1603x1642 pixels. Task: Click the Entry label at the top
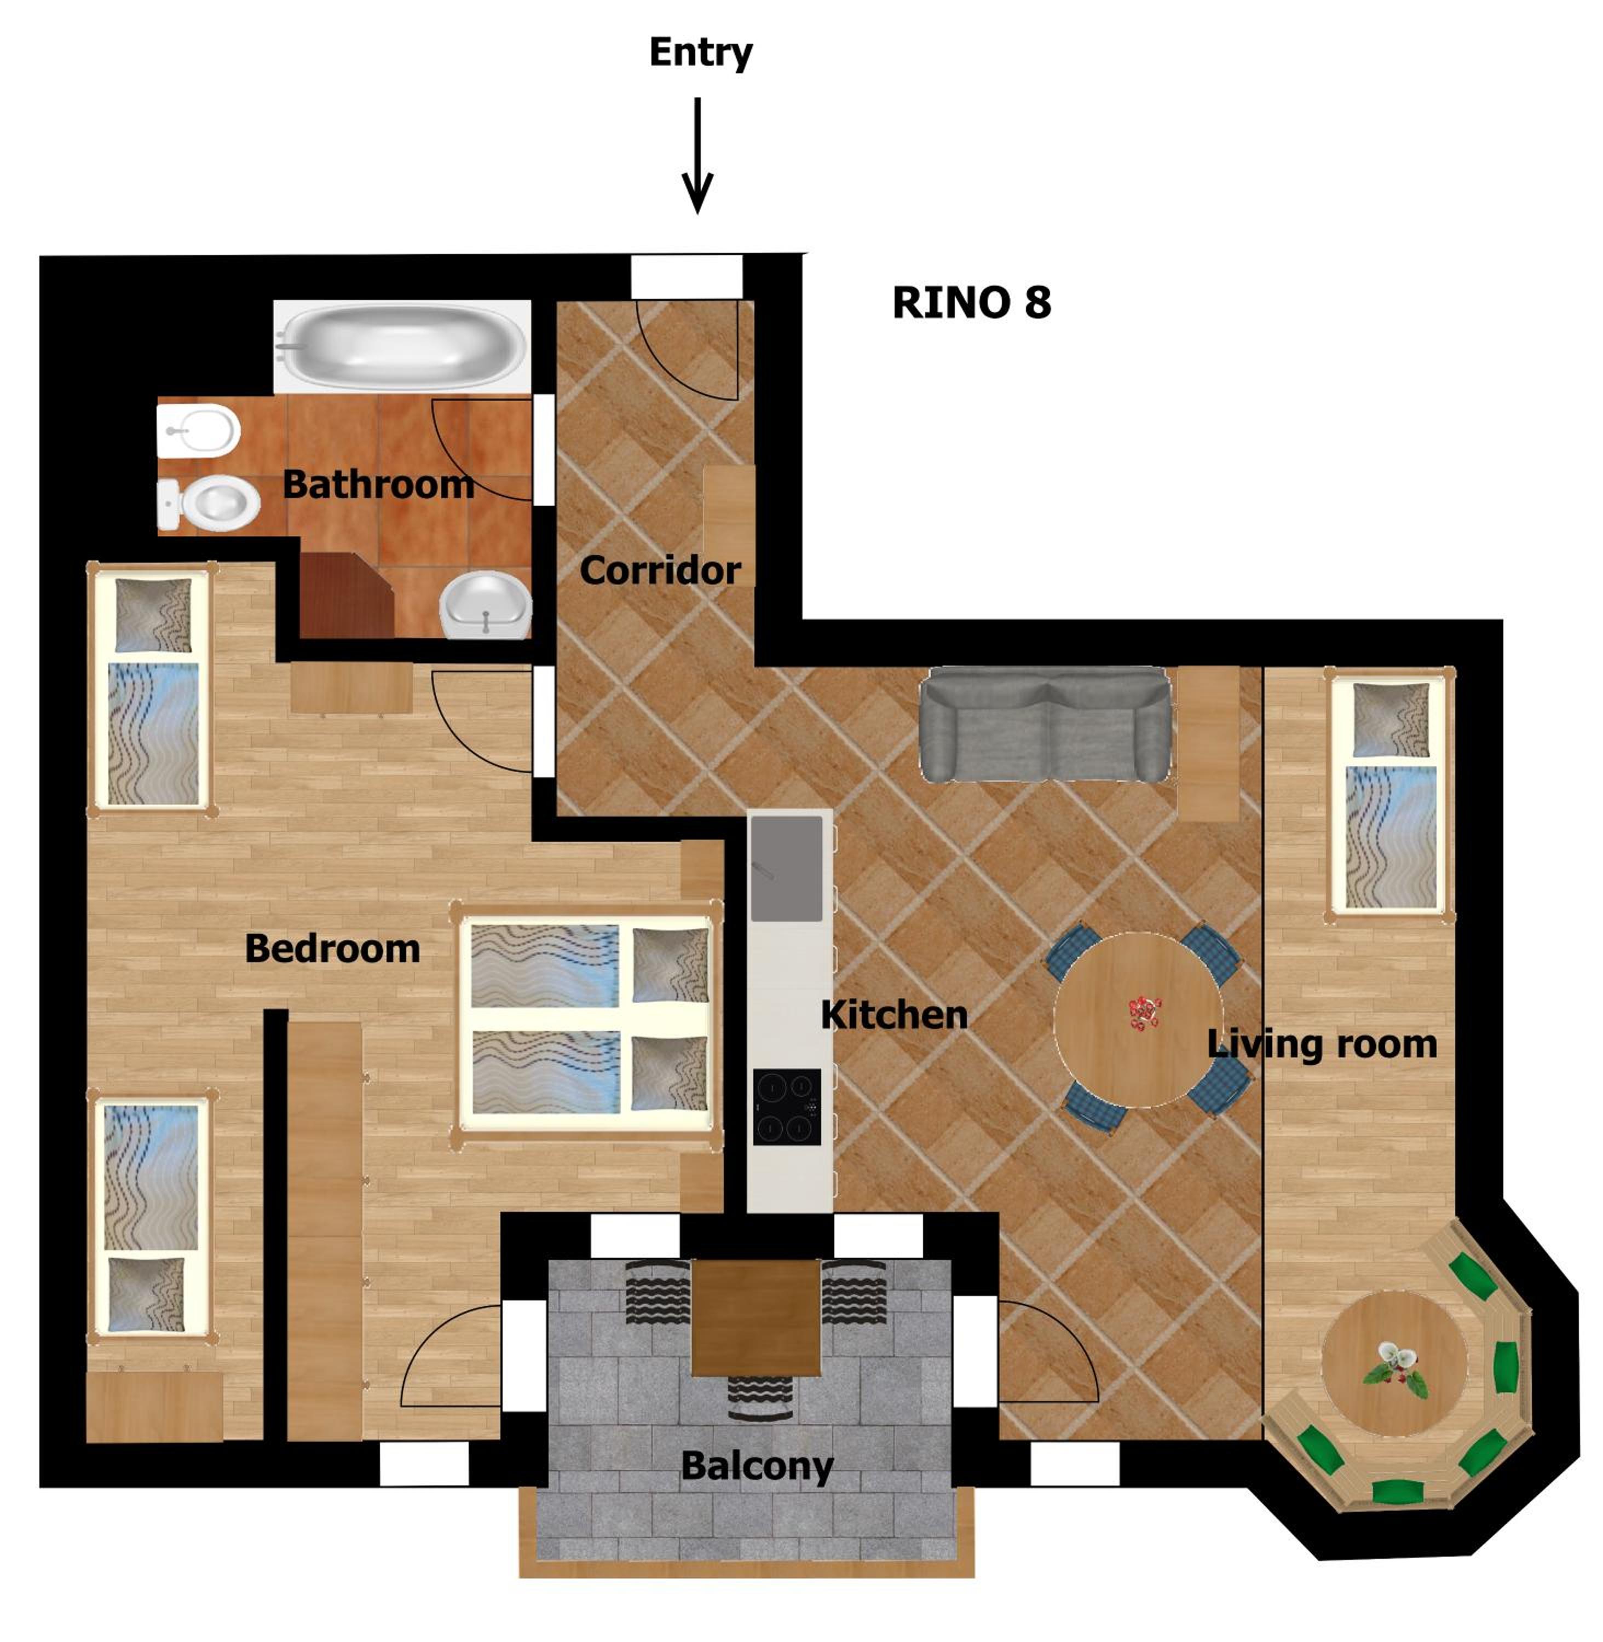click(700, 53)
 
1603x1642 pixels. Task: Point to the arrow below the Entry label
click(697, 155)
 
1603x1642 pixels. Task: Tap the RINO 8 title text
click(972, 303)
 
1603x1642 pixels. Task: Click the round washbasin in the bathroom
click(486, 604)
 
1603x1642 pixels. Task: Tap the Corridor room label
click(660, 571)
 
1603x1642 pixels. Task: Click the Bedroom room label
click(332, 949)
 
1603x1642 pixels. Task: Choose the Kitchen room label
click(894, 1015)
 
